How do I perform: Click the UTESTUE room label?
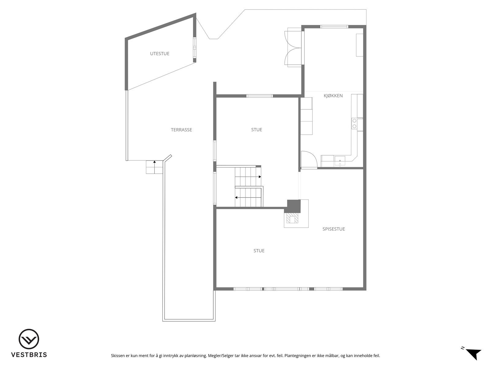click(160, 54)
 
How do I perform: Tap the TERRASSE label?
click(181, 130)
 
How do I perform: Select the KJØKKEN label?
click(333, 96)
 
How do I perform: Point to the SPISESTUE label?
click(334, 229)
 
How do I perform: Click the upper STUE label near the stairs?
click(257, 130)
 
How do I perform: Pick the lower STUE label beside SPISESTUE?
click(259, 251)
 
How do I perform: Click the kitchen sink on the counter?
click(340, 160)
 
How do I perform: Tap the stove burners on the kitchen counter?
click(354, 123)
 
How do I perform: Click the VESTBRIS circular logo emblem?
click(29, 340)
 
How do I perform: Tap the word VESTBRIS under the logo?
click(29, 355)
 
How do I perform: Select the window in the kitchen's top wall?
click(334, 27)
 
